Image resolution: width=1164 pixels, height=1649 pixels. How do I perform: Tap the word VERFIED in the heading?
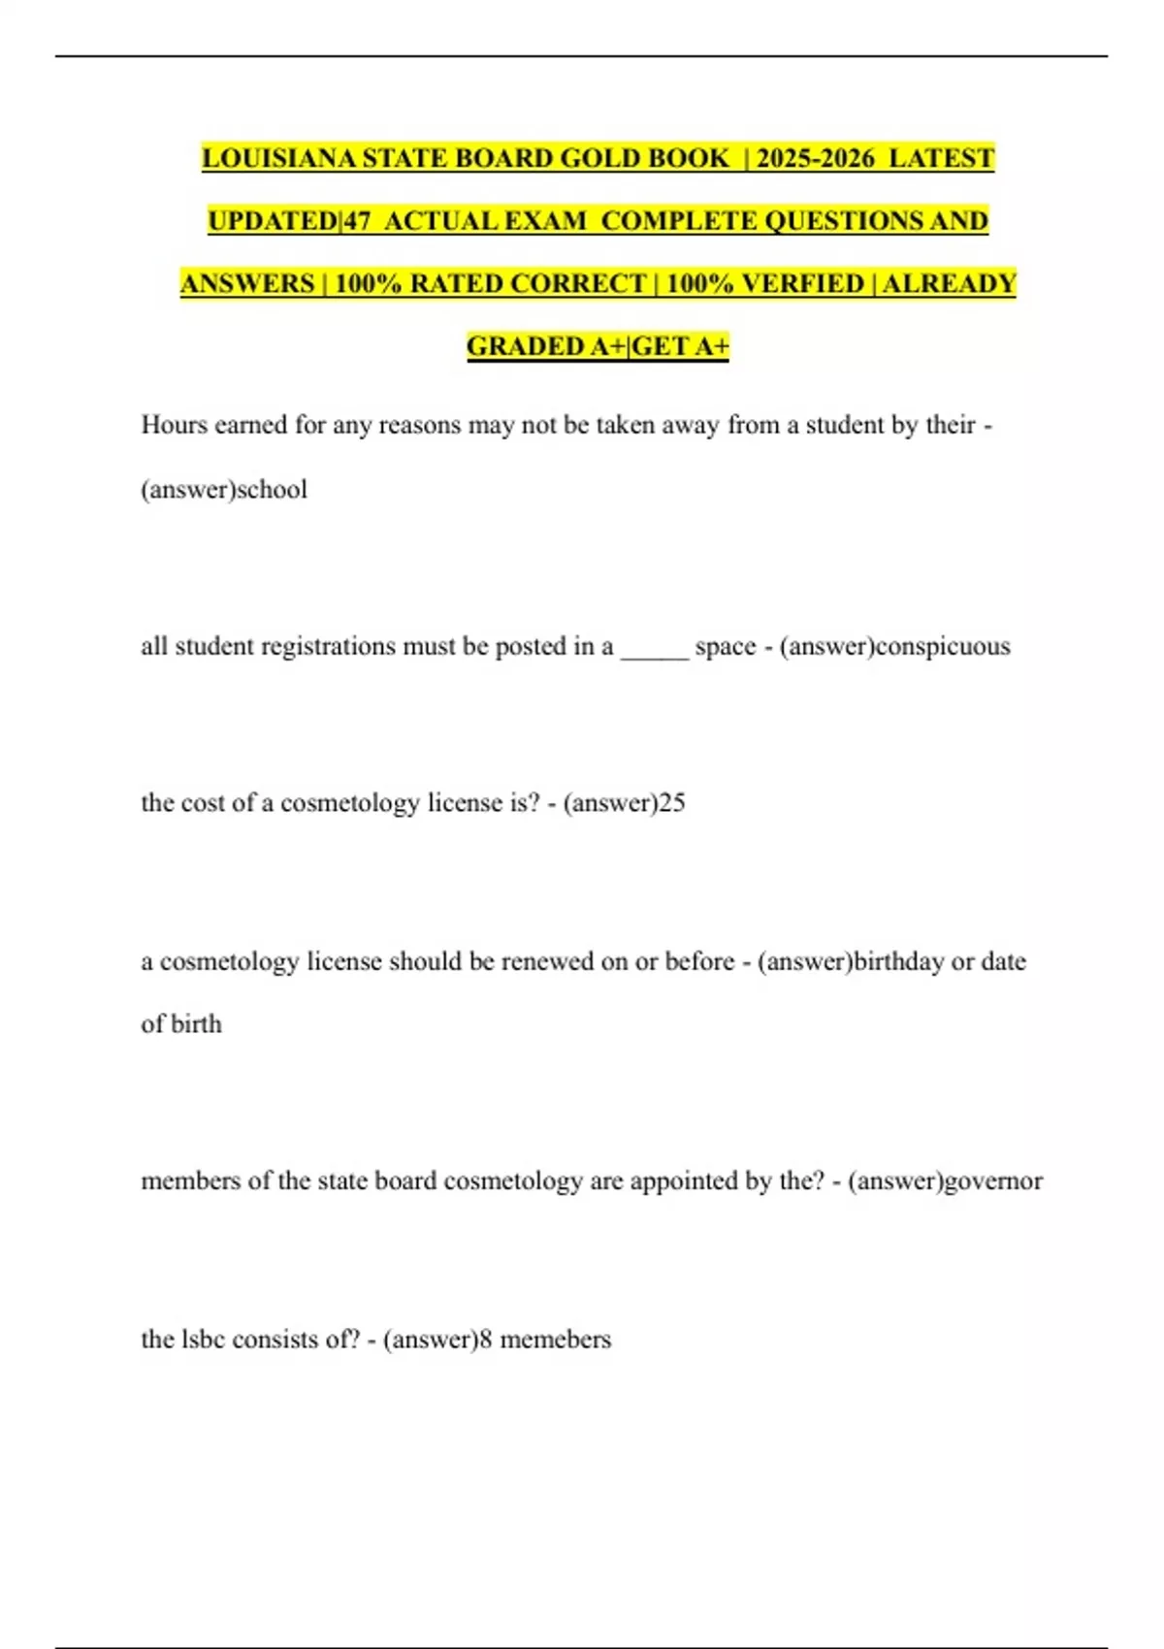coord(802,283)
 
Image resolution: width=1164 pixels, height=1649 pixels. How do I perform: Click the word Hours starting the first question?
coord(175,425)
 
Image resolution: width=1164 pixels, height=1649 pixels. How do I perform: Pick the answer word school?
coord(273,489)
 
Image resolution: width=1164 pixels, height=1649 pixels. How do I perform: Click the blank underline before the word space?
coord(655,648)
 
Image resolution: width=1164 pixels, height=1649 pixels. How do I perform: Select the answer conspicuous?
coord(943,646)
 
